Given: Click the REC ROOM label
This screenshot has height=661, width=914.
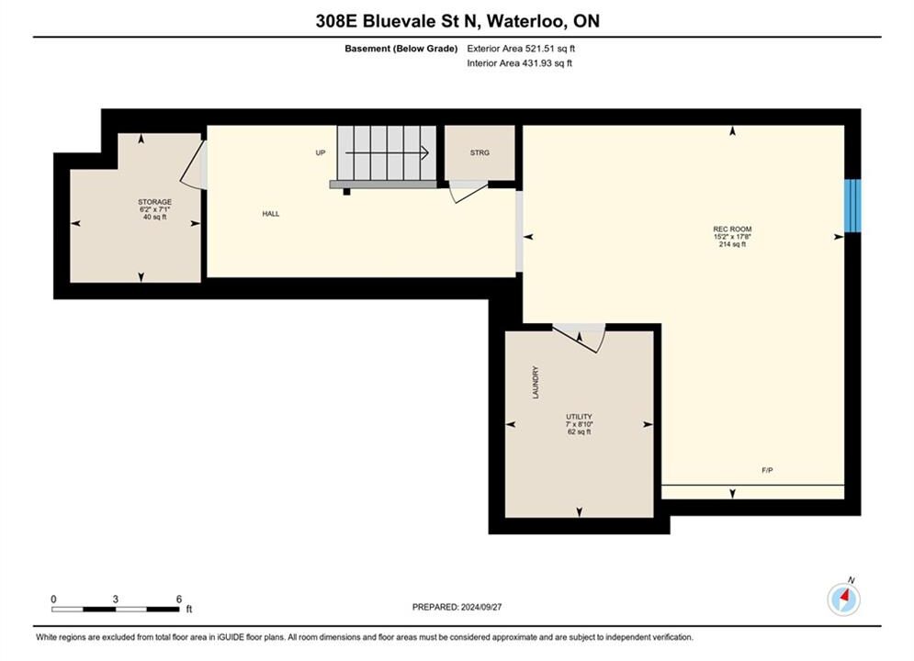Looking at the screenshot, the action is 732,230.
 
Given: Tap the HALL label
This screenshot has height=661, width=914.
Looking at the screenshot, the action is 270,214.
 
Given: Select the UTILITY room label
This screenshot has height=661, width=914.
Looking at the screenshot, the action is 579,417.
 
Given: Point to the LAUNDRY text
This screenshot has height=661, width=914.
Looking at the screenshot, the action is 536,382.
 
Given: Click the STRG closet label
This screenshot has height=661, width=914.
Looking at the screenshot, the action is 480,152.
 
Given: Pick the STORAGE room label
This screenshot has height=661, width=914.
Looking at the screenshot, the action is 154,202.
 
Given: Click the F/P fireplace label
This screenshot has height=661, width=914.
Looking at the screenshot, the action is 767,470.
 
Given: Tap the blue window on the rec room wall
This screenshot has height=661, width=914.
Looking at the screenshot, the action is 852,206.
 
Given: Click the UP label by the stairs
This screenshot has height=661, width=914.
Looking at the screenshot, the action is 320,152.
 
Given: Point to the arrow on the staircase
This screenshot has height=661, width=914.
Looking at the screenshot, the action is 387,153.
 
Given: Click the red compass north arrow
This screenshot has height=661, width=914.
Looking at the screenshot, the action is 844,597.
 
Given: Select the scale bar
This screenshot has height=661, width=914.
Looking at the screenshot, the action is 116,610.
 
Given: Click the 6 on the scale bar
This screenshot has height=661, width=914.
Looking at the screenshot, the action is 179,599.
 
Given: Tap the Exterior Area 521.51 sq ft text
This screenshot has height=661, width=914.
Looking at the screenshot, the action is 521,49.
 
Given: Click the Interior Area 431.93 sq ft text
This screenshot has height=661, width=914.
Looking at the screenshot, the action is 519,63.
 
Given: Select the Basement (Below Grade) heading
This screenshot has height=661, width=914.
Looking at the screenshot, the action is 401,49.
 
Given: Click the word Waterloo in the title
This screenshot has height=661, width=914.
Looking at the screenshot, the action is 524,21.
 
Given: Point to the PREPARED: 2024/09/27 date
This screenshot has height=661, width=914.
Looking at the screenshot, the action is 457,607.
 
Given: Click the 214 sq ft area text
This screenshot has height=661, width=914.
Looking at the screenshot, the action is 732,244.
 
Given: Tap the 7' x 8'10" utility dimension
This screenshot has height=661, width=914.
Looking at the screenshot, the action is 579,424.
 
